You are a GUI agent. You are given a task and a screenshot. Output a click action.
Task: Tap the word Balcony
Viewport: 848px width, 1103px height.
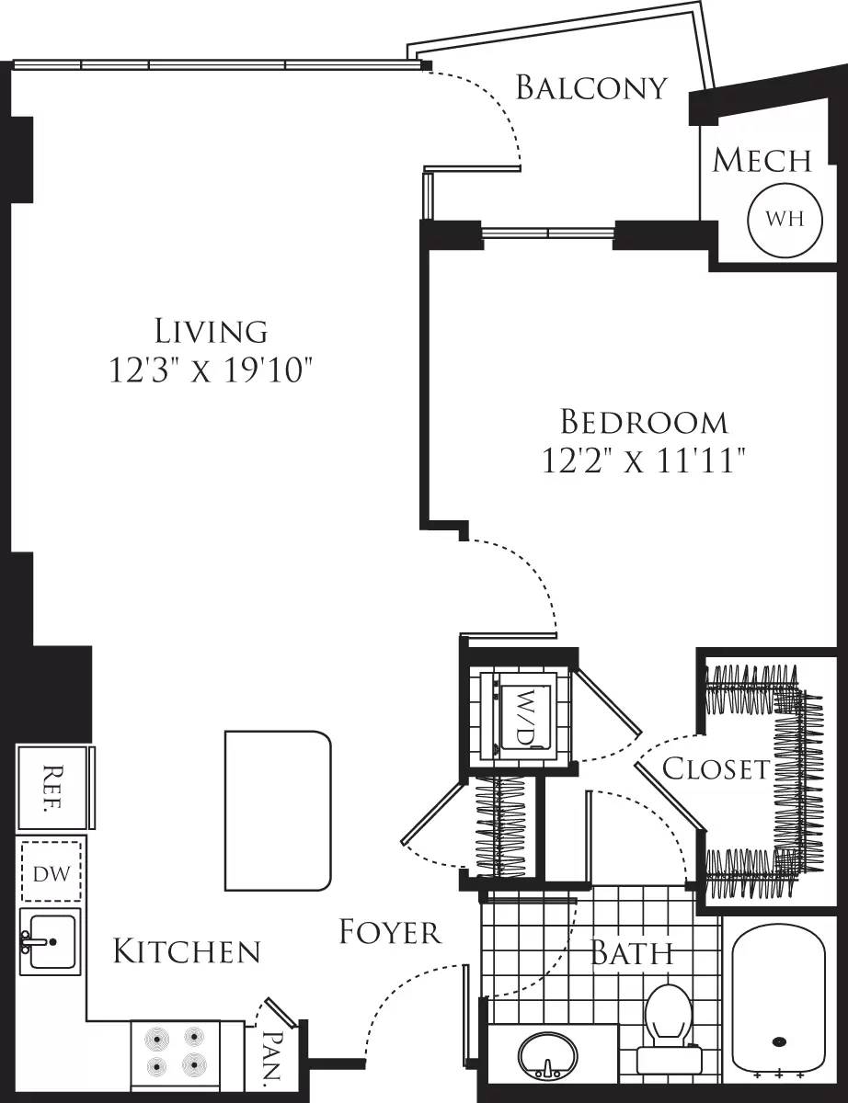click(590, 87)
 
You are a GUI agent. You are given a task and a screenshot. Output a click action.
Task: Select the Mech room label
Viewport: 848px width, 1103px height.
click(762, 160)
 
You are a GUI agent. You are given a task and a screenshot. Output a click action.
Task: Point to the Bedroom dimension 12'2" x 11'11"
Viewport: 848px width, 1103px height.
click(643, 460)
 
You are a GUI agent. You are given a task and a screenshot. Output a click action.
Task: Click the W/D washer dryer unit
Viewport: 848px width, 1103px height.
click(521, 713)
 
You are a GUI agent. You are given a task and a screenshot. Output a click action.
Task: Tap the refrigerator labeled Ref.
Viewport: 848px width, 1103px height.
click(53, 788)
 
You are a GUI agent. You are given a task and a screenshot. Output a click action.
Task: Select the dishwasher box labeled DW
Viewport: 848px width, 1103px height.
click(52, 870)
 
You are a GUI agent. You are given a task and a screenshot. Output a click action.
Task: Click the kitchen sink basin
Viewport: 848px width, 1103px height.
click(51, 941)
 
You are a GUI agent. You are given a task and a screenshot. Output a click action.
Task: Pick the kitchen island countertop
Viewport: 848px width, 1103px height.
click(277, 810)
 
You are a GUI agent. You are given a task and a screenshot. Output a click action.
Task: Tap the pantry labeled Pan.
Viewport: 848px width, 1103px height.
click(272, 1056)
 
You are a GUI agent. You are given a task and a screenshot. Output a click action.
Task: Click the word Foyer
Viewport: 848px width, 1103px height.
click(390, 932)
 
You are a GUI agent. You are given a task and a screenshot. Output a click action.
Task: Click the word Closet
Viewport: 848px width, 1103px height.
click(715, 768)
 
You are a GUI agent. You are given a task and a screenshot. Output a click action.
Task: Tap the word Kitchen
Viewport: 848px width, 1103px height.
click(187, 952)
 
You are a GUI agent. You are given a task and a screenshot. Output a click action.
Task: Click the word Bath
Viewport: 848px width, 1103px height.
click(632, 953)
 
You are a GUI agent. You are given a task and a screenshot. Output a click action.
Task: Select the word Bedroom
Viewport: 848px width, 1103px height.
click(644, 422)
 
